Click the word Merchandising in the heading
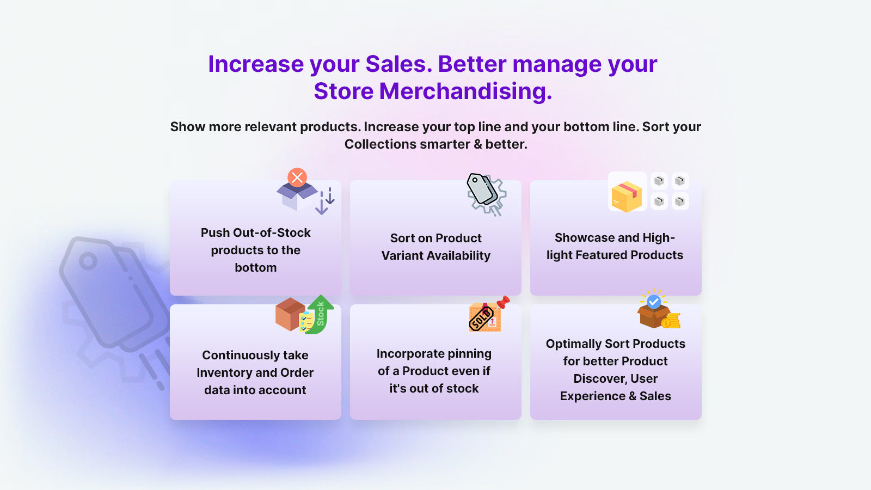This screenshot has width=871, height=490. (x=465, y=91)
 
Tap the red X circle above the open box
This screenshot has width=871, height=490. (x=297, y=177)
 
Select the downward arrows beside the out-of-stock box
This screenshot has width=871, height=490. (x=326, y=201)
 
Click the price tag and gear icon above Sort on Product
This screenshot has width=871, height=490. (x=486, y=194)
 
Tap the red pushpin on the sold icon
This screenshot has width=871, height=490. (x=504, y=302)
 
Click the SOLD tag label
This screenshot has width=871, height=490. (x=481, y=318)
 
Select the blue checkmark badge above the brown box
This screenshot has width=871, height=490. (x=654, y=301)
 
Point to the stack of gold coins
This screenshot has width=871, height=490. (x=671, y=321)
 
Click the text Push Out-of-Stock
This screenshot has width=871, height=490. (x=255, y=233)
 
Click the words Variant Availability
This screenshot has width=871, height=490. (x=436, y=256)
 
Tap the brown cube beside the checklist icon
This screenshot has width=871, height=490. (x=289, y=314)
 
